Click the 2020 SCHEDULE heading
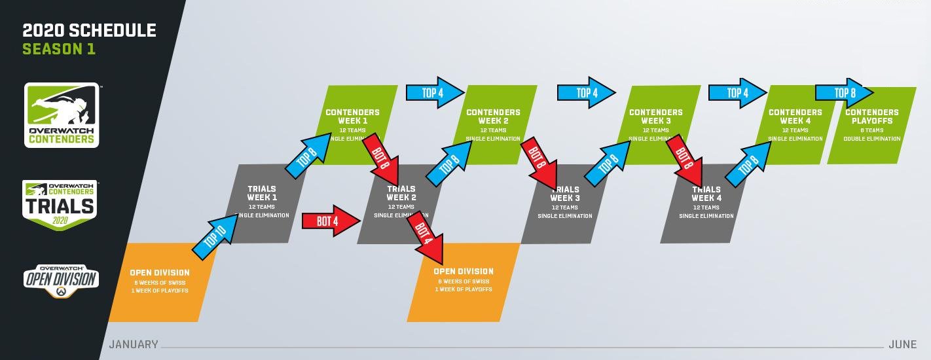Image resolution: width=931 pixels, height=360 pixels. [90, 30]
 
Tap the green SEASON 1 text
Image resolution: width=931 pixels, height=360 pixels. [59, 49]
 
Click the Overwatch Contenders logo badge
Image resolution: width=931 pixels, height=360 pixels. [62, 115]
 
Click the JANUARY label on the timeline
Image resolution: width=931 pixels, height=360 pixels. [134, 344]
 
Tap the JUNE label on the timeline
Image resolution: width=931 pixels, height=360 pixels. [902, 344]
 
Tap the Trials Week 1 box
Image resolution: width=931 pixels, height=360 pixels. [262, 203]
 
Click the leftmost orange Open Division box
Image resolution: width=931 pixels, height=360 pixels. [160, 282]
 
